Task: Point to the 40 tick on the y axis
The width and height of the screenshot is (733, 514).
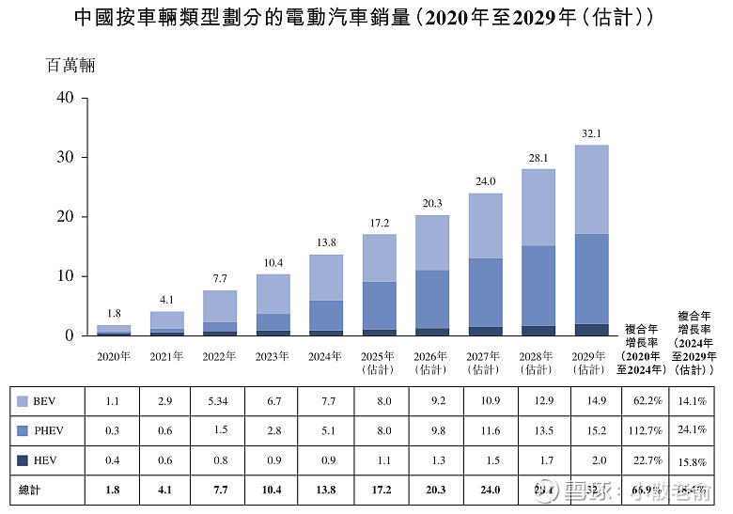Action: (x=64, y=97)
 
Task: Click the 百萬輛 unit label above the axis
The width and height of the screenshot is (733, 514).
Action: (x=70, y=66)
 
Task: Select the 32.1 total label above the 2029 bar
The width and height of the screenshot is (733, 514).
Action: (x=591, y=134)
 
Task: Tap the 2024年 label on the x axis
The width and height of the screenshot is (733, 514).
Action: (x=324, y=357)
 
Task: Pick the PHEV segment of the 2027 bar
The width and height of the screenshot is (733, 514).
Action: (x=485, y=292)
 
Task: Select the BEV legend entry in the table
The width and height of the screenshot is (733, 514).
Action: (x=45, y=401)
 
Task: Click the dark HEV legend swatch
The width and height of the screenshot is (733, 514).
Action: (x=23, y=460)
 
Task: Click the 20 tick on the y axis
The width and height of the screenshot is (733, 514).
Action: (x=64, y=216)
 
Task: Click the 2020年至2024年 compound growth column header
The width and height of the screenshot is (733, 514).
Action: (x=643, y=350)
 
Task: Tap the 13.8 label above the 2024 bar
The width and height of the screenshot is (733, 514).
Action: (x=324, y=243)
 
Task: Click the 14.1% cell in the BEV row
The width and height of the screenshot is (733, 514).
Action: (x=693, y=401)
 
